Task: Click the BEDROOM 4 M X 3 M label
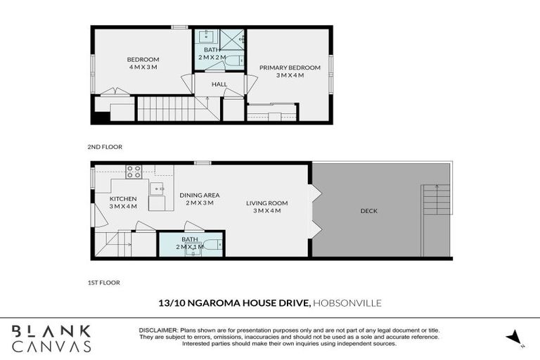coord(143,63)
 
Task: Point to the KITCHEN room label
coord(124,202)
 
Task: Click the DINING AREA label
coord(200,199)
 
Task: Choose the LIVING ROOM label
coord(263,207)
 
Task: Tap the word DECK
coord(368,210)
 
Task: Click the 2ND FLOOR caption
coord(105,148)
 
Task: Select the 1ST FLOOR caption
coord(103,283)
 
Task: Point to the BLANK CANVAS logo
coord(51,338)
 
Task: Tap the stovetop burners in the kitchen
coord(134,171)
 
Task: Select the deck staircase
coord(435,200)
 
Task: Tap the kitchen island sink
coord(157,188)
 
